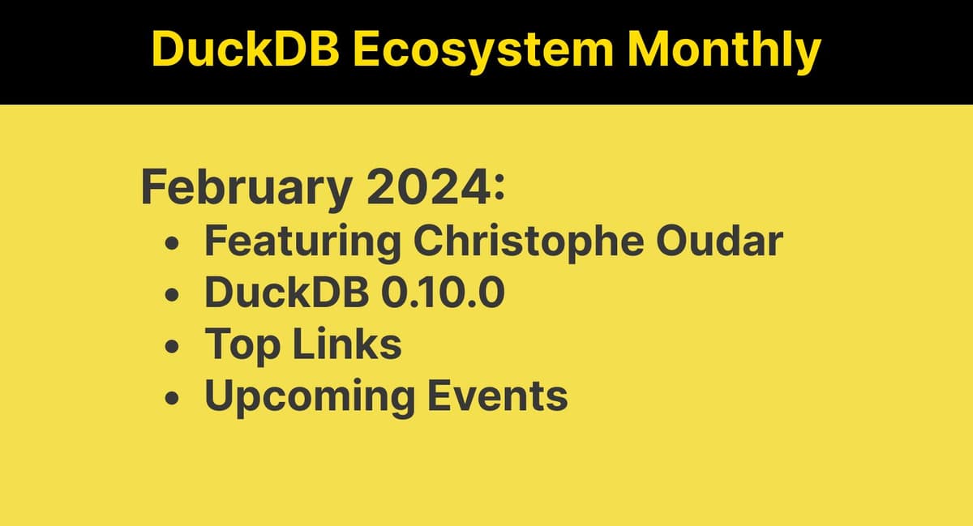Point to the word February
pyautogui.click(x=246, y=190)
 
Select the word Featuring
pyautogui.click(x=302, y=242)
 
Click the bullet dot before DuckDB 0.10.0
pyautogui.click(x=172, y=296)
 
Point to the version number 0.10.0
pyautogui.click(x=442, y=293)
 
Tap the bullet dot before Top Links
pyautogui.click(x=172, y=348)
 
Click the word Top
pyautogui.click(x=242, y=345)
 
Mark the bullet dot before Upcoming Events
pyautogui.click(x=172, y=400)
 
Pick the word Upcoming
pyautogui.click(x=308, y=397)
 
